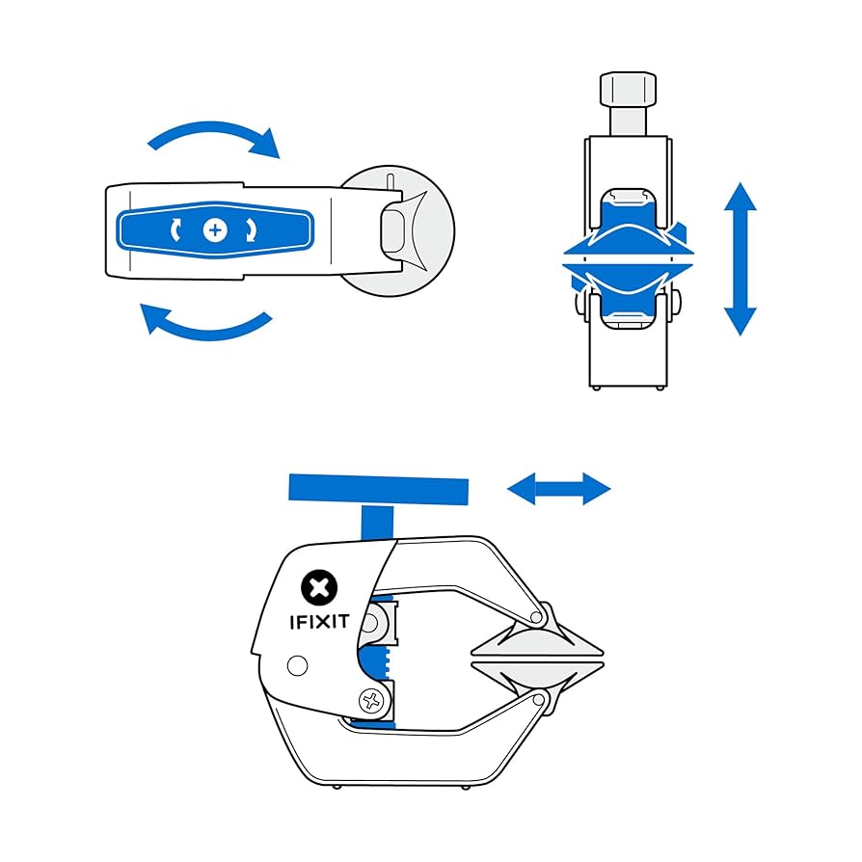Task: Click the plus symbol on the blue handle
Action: coord(215,229)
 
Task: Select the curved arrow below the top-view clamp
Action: coord(204,323)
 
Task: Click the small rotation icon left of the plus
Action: coord(175,229)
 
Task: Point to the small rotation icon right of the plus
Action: coord(254,229)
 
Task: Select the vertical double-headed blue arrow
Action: coord(740,258)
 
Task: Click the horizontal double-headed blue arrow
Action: coord(559,489)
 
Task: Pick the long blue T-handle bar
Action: coord(379,489)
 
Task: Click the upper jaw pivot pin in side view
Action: coord(541,615)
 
